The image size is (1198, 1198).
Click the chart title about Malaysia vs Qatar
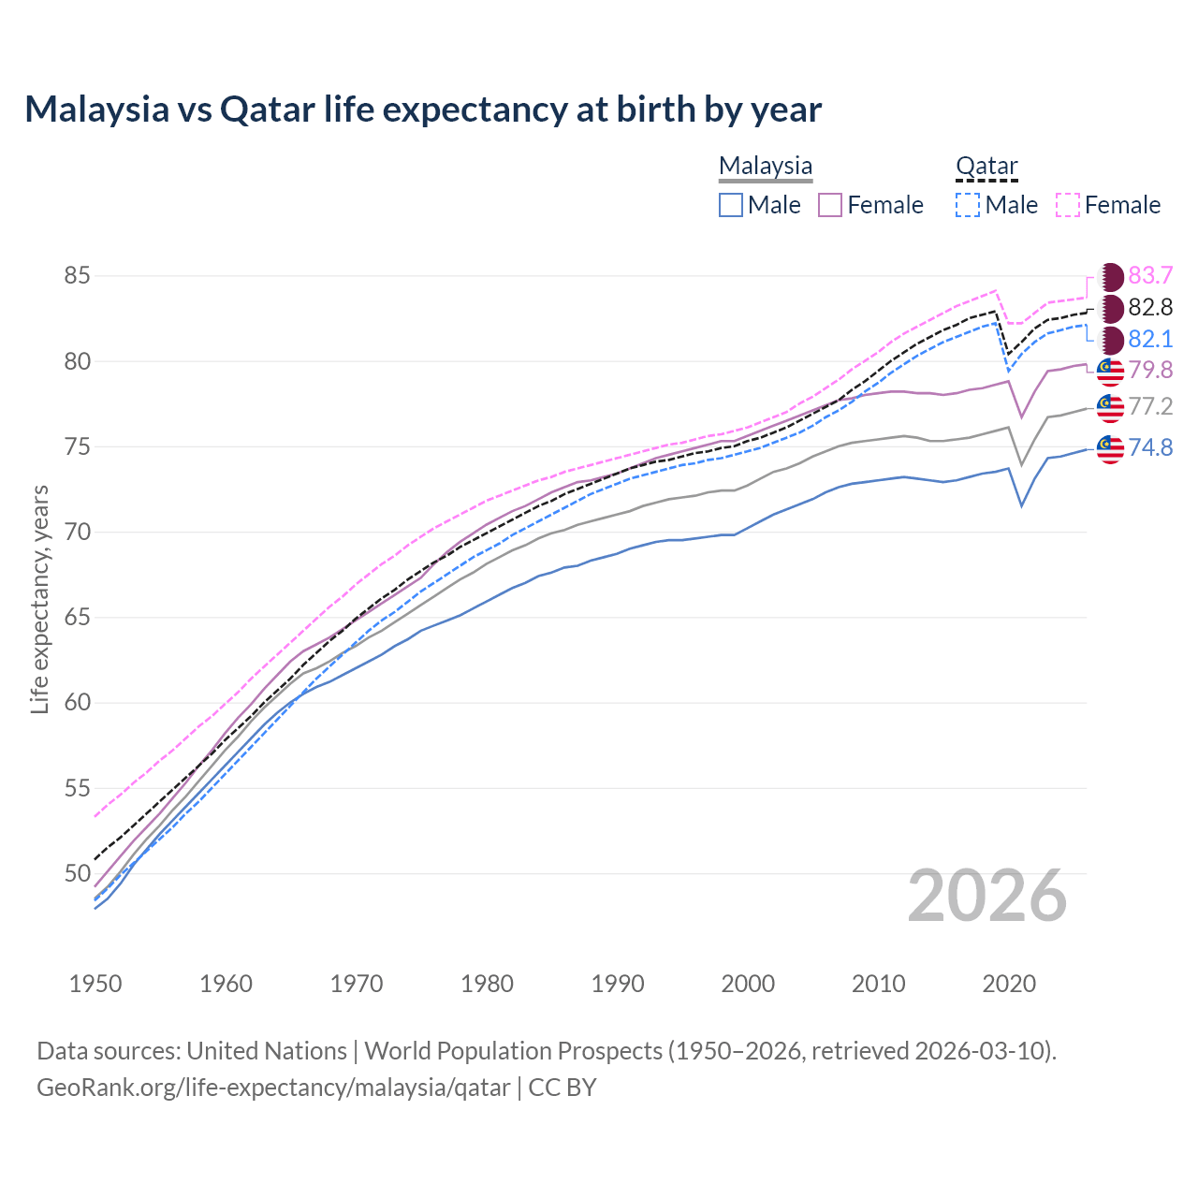pos(423,110)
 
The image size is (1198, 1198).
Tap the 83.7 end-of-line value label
pos(1150,275)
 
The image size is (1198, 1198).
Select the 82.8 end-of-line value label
pos(1150,307)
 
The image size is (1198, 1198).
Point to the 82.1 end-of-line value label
pos(1150,339)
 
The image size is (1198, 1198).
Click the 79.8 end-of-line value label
pos(1150,370)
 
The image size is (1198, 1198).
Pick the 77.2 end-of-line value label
pos(1150,406)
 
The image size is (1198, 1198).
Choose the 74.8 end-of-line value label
pos(1150,447)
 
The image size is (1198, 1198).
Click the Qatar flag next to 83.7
pos(1110,276)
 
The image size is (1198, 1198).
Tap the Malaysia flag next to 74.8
pos(1110,448)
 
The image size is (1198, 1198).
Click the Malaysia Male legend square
pos(731,205)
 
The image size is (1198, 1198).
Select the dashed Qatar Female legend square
pos(1068,205)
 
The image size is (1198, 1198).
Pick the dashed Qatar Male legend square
pos(968,205)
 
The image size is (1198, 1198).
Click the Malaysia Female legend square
pos(830,205)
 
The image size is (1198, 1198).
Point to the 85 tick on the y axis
pos(77,276)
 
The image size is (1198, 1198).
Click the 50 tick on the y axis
pos(77,873)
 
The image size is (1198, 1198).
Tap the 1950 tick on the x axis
pos(95,984)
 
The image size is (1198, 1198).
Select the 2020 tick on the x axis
pos(1009,984)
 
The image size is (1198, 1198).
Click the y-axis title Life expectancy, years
pos(39,599)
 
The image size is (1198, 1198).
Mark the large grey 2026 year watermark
pos(987,896)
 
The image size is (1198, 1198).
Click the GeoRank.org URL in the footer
pos(273,1088)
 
